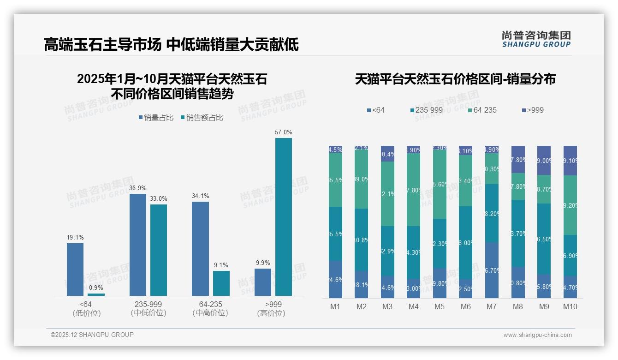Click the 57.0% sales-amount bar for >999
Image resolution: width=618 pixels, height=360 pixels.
point(283,216)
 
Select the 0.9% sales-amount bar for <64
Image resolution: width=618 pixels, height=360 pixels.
point(96,294)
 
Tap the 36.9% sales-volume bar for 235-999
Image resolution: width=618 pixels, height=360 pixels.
point(137,245)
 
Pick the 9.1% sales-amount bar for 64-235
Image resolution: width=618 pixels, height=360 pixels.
point(221,283)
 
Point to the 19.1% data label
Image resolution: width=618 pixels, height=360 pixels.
point(75,237)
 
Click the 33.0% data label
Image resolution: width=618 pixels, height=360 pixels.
point(159,198)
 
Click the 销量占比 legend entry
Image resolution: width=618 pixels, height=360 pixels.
point(156,118)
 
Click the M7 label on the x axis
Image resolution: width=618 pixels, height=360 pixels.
point(492,306)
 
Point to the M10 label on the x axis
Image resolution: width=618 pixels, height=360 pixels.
point(570,306)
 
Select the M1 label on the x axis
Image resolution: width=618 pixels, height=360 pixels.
point(335,306)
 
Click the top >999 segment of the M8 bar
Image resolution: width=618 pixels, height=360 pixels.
point(518,159)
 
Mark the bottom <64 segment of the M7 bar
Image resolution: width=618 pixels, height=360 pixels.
point(492,270)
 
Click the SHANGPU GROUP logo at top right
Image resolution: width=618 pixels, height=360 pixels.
point(536,39)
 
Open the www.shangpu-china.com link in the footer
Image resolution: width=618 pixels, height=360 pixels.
point(537,335)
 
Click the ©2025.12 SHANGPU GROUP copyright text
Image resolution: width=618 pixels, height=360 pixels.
point(92,335)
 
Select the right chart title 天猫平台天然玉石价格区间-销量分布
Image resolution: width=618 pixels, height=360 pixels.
point(455,79)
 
